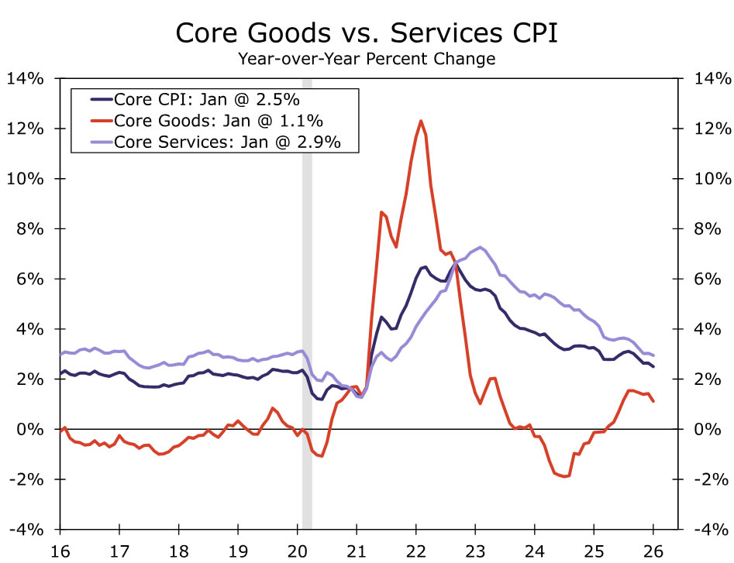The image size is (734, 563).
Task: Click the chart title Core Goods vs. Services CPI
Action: [366, 33]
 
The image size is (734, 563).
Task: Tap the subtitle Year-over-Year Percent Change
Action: [366, 58]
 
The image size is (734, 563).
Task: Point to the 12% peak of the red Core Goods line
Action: [421, 121]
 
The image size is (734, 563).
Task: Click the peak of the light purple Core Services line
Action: [481, 248]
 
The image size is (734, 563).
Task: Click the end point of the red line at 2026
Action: [653, 401]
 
